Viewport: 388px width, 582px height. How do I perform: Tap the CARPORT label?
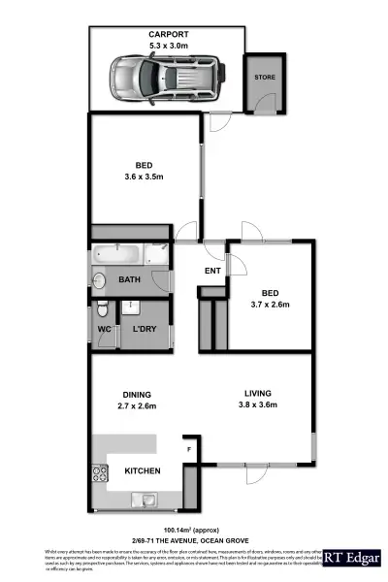pyautogui.click(x=162, y=35)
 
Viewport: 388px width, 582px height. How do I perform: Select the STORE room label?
pyautogui.click(x=264, y=76)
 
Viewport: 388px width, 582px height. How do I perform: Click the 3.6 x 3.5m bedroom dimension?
pyautogui.click(x=144, y=177)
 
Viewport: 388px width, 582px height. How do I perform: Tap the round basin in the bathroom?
pyautogui.click(x=99, y=279)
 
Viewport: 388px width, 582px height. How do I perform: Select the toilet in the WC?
pyautogui.click(x=101, y=311)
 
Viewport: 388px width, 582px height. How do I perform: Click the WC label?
pyautogui.click(x=105, y=330)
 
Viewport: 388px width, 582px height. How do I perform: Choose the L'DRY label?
pyautogui.click(x=145, y=330)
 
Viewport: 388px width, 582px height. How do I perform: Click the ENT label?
pyautogui.click(x=213, y=271)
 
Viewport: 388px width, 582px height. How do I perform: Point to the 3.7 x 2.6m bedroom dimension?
pyautogui.click(x=272, y=304)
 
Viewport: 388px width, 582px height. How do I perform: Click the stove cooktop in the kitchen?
pyautogui.click(x=99, y=474)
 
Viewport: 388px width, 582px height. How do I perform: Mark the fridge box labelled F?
pyautogui.click(x=188, y=450)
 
